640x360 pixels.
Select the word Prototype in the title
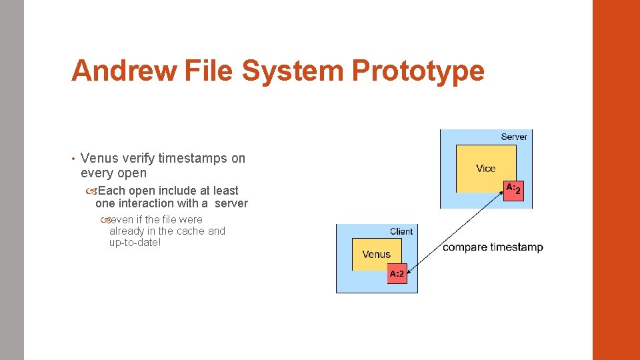point(419,71)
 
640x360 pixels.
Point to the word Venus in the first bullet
point(99,158)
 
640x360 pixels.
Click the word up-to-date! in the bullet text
point(135,242)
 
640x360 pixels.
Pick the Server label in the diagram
point(513,137)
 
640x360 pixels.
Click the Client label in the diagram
point(401,231)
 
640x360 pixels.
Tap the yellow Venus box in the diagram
point(376,254)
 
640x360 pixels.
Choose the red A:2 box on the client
point(397,273)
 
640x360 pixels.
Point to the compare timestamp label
point(493,247)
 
